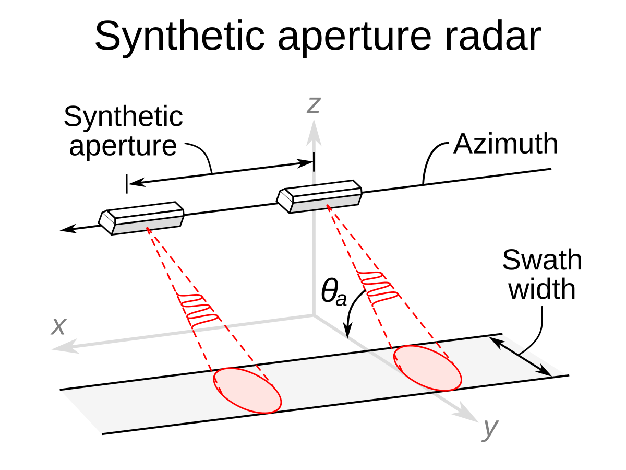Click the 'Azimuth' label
coord(505,144)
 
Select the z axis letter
coord(312,105)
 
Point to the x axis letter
coord(58,327)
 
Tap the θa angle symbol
coord(333,293)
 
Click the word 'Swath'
coord(541,261)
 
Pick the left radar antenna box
coord(142,217)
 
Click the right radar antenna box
coord(319,196)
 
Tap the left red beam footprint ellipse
coord(247,391)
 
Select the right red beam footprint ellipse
coord(427,368)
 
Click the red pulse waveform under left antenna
coord(198,310)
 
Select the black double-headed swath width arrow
coord(521,357)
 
